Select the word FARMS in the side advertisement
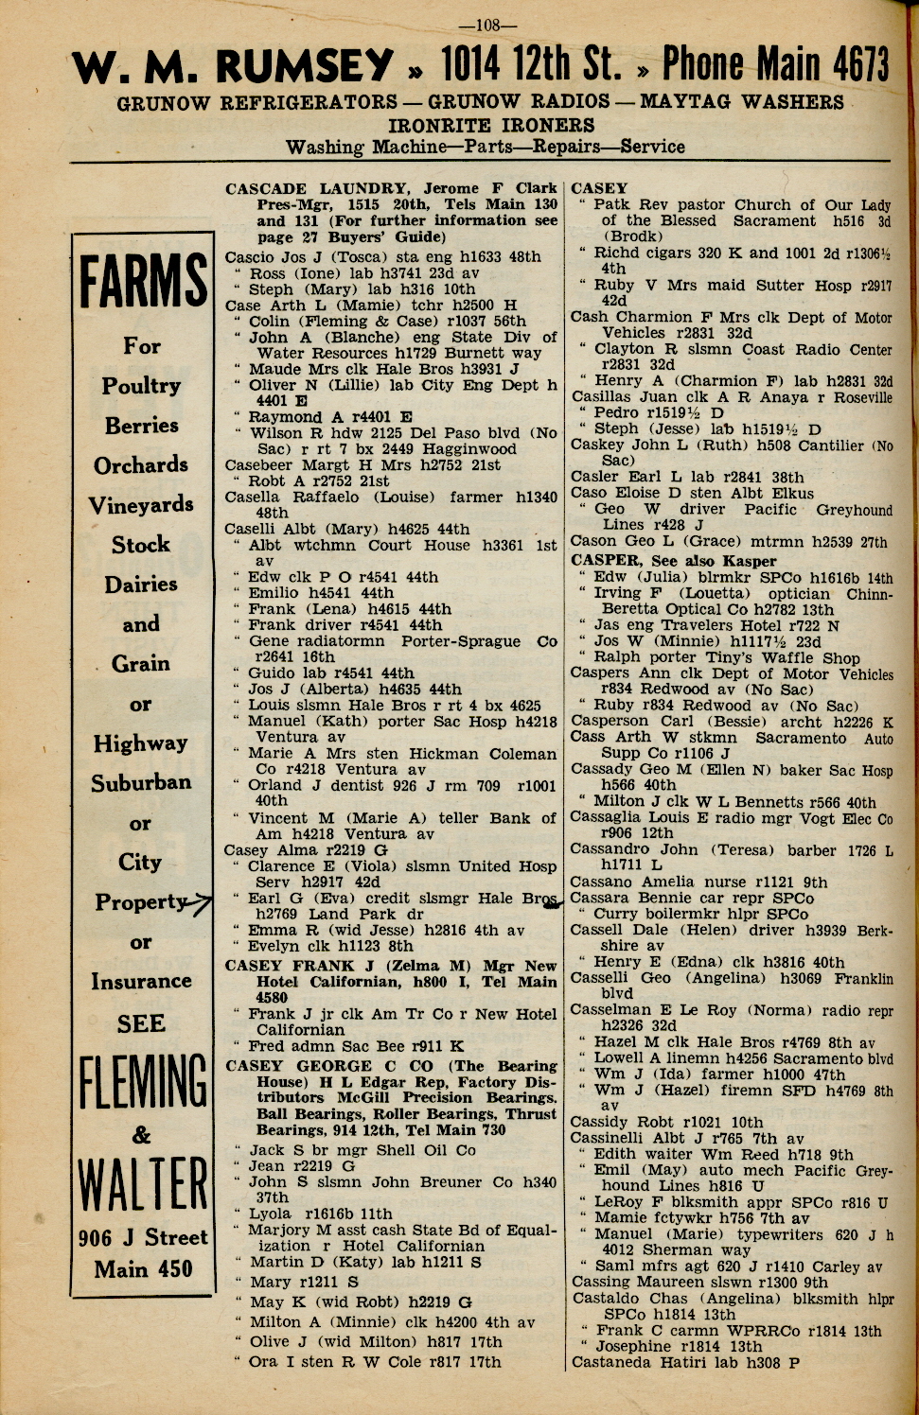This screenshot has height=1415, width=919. (143, 282)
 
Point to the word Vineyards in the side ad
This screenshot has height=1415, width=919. (142, 505)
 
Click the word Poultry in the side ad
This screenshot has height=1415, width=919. (142, 386)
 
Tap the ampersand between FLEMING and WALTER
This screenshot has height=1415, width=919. (141, 1134)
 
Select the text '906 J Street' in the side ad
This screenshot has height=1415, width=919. (143, 1238)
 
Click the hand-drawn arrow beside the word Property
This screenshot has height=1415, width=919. (199, 905)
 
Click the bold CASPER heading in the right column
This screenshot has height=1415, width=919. (604, 561)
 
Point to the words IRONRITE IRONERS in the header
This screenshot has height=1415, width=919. (491, 125)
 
